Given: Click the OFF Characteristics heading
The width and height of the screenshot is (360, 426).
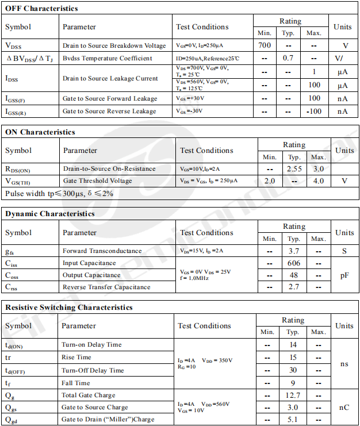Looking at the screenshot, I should pyautogui.click(x=41, y=9).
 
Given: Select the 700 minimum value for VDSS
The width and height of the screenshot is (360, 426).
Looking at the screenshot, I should pyautogui.click(x=265, y=45).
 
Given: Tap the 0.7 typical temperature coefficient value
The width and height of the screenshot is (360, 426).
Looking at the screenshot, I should pyautogui.click(x=289, y=58).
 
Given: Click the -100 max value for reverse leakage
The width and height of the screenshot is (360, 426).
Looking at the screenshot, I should pyautogui.click(x=314, y=111).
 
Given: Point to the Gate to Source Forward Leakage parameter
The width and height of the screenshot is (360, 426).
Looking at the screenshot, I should pyautogui.click(x=110, y=98).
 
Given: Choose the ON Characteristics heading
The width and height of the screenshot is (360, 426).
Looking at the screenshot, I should pyautogui.click(x=40, y=132).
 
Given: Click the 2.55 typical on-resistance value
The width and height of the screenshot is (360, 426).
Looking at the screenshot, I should pyautogui.click(x=294, y=169).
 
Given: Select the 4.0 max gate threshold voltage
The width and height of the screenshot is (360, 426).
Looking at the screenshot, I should pyautogui.click(x=318, y=181).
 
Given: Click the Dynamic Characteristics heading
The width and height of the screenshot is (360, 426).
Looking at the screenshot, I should pyautogui.click(x=50, y=214).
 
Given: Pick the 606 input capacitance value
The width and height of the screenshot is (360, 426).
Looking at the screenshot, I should pyautogui.click(x=294, y=263).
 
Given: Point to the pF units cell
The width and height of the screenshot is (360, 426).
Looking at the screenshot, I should pyautogui.click(x=344, y=275).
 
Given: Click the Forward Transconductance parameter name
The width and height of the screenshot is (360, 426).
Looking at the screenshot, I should pyautogui.click(x=102, y=251).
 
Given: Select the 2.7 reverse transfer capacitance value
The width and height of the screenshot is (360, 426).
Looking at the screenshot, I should pyautogui.click(x=294, y=287).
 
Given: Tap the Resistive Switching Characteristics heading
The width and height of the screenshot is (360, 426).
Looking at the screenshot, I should pyautogui.click(x=69, y=308).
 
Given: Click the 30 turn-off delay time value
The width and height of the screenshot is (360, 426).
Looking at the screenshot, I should pyautogui.click(x=293, y=370).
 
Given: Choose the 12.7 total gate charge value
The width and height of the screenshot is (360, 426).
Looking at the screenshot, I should pyautogui.click(x=293, y=395).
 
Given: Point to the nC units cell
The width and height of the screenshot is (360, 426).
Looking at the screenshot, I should pyautogui.click(x=344, y=407).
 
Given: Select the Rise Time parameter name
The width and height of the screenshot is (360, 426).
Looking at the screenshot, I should pyautogui.click(x=76, y=357).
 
